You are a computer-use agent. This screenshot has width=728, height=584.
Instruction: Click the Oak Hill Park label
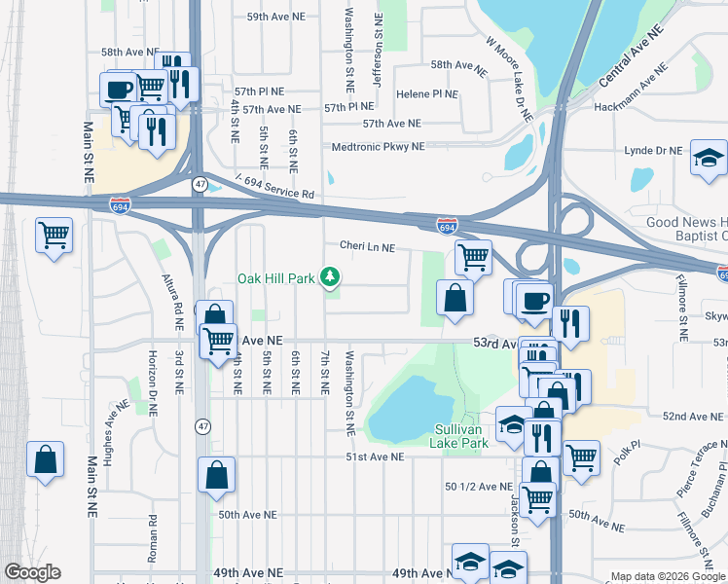(x=276, y=279)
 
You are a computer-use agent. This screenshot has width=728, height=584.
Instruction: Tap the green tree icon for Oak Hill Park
(x=331, y=278)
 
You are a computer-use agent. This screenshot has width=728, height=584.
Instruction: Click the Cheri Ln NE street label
(x=367, y=248)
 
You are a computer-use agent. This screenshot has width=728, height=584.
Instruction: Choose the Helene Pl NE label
(x=427, y=94)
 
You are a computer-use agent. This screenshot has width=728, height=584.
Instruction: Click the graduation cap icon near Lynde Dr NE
(x=709, y=159)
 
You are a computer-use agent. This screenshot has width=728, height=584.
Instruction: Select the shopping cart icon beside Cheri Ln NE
(x=473, y=258)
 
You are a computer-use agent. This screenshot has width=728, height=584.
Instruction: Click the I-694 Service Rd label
(x=277, y=186)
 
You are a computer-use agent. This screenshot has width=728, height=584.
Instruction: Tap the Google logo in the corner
(x=32, y=572)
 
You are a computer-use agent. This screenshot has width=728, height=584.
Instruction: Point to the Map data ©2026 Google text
(x=668, y=576)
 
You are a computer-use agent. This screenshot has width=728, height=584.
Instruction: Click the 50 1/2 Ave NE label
(x=478, y=487)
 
